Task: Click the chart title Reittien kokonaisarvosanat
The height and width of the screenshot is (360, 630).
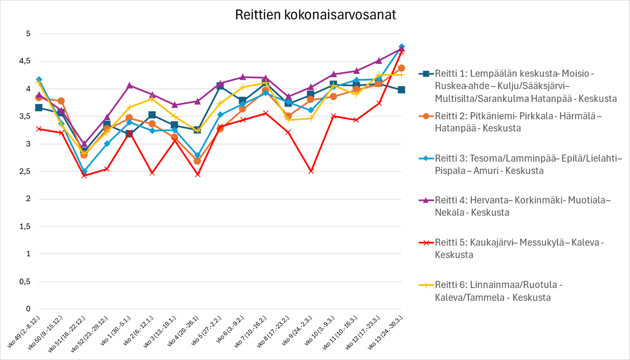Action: [x=315, y=15]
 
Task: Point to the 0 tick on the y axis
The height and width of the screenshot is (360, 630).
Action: [x=28, y=309]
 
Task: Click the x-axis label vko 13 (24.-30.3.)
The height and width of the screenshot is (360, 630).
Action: [x=386, y=332]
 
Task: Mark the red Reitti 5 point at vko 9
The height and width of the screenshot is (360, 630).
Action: [x=311, y=171]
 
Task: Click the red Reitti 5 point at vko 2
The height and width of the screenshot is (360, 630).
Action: [x=152, y=173]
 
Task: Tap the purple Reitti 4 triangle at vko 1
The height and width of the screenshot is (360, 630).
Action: [x=129, y=85]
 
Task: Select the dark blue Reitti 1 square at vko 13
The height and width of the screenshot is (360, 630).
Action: [x=401, y=90]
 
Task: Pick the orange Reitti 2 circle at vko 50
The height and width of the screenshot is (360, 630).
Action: [x=61, y=101]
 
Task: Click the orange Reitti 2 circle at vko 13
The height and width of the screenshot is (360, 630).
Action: [x=401, y=68]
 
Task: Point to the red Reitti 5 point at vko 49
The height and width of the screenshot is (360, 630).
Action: [x=39, y=129]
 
